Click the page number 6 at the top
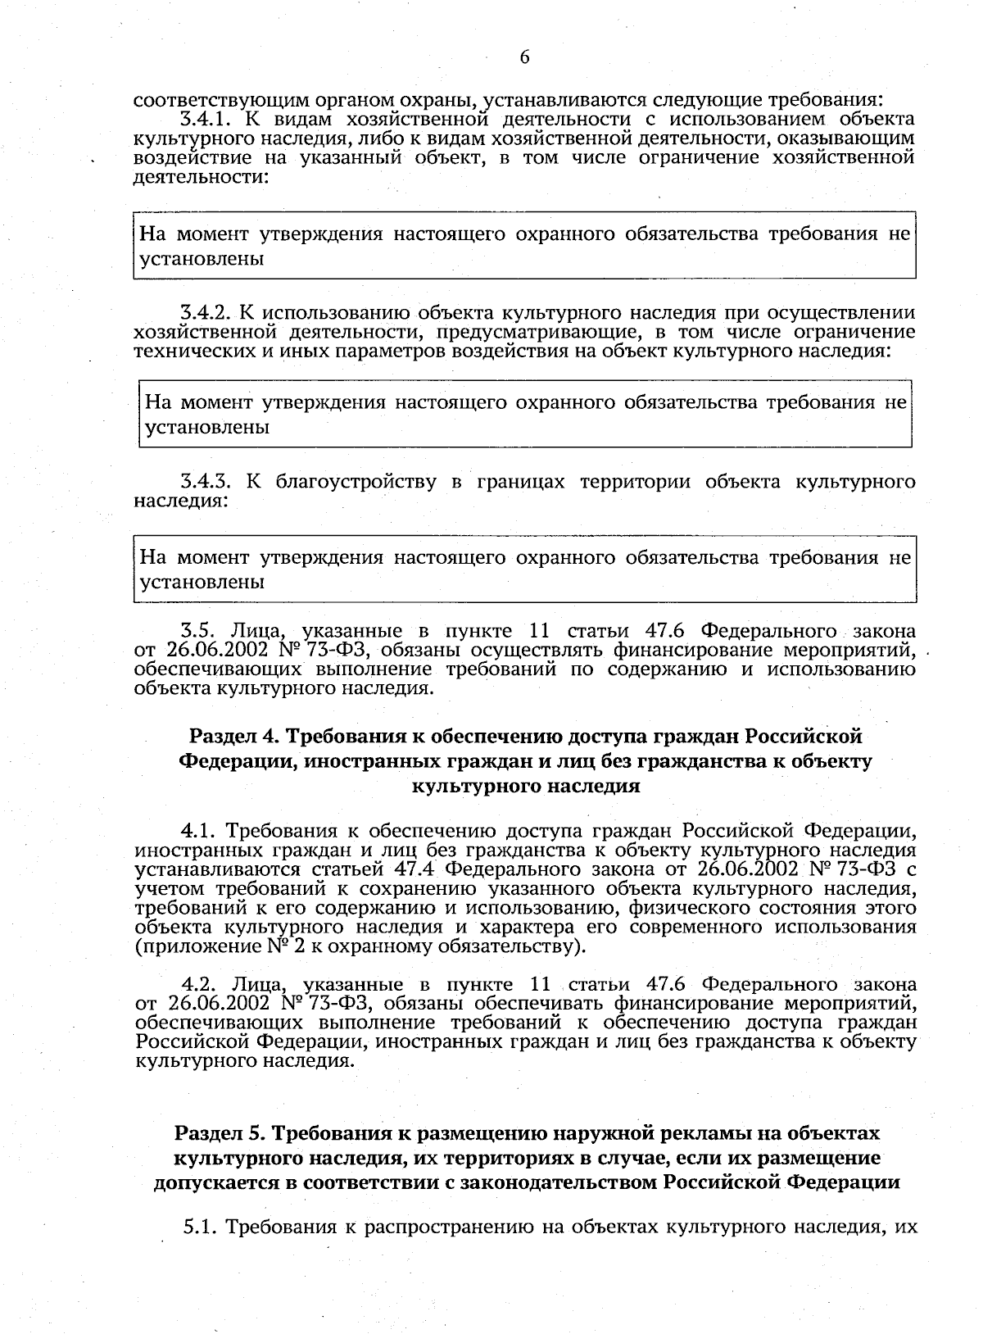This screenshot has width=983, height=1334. (524, 57)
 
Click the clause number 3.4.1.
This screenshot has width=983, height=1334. (206, 120)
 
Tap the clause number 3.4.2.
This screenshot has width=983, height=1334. (207, 313)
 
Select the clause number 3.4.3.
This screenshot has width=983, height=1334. (207, 481)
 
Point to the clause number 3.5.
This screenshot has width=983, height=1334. (197, 631)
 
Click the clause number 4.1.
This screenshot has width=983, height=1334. (198, 831)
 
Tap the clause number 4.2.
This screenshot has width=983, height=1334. (198, 984)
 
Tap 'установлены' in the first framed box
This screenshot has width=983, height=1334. (202, 260)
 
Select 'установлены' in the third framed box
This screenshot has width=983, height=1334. (202, 583)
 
